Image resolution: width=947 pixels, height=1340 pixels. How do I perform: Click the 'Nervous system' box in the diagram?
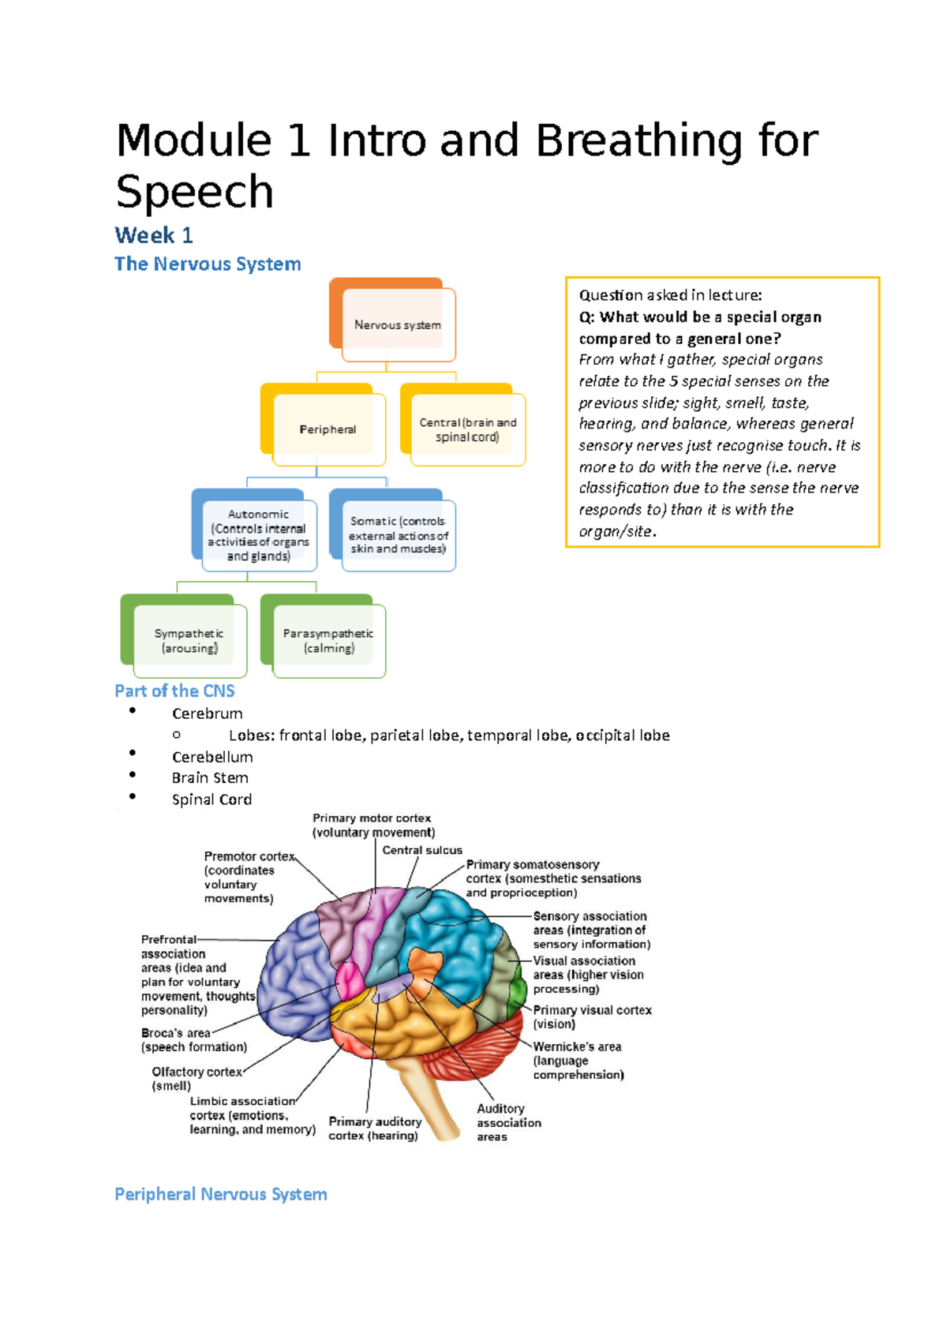pos(397,324)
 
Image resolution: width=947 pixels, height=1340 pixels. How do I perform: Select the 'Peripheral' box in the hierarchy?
pos(328,429)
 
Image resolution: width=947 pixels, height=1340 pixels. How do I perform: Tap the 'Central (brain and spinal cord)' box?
pos(467,430)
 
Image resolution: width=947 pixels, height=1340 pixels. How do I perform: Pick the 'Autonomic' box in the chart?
pos(258,535)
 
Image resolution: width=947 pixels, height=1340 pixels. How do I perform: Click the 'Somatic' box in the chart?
pos(399,535)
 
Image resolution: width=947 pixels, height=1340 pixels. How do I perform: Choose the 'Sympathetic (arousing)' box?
pos(189,641)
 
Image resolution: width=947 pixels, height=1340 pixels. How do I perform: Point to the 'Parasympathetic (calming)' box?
pos(328,641)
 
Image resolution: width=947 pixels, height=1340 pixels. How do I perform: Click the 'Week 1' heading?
pos(154,235)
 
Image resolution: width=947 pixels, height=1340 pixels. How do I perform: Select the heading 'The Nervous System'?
pos(208,264)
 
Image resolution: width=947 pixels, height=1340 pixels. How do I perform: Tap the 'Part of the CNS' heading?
pos(174,691)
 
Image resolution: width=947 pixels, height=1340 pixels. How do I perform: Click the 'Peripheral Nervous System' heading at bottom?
pos(221,1194)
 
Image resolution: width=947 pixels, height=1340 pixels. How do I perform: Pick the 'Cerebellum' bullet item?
pos(212,757)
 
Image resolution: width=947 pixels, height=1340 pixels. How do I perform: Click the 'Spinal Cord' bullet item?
pos(211,799)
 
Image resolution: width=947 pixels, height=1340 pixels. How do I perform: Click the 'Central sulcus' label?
pos(422,850)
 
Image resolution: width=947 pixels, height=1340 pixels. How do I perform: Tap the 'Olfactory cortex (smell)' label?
pos(196,1078)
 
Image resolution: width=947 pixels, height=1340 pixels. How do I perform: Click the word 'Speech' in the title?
pos(195,192)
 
